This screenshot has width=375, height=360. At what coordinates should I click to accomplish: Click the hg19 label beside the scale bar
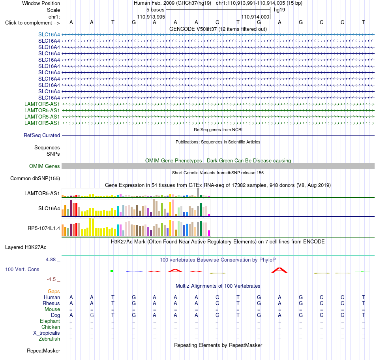(x=279, y=10)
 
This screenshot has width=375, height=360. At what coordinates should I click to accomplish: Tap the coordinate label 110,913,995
(x=151, y=17)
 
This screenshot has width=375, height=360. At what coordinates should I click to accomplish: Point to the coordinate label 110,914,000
(x=255, y=17)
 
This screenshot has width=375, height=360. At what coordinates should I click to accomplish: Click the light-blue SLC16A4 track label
(x=49, y=34)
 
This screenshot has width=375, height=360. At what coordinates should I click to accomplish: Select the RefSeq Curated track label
(x=42, y=135)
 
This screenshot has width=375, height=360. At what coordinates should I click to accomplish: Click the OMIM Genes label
(x=45, y=166)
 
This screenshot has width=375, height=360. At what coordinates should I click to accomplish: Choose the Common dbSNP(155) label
(x=35, y=178)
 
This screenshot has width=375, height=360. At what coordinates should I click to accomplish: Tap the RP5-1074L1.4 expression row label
(x=44, y=228)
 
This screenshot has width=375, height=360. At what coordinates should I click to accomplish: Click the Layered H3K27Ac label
(x=26, y=247)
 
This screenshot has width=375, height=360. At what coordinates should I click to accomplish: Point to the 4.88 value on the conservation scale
(x=51, y=260)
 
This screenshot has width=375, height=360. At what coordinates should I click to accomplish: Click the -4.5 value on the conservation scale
(x=51, y=279)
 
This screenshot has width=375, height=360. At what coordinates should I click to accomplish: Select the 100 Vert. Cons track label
(x=22, y=269)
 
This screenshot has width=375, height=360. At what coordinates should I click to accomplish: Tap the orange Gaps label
(x=54, y=291)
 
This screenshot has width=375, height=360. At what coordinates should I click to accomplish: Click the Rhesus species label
(x=51, y=303)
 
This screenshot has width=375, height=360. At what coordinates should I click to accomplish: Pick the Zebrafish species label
(x=49, y=339)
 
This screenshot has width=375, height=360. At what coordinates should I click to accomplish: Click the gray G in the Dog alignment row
(x=92, y=315)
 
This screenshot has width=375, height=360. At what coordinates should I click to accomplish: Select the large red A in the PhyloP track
(x=279, y=270)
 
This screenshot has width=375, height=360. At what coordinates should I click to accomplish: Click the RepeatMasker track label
(x=43, y=351)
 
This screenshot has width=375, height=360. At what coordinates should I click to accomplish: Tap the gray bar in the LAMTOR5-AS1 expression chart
(x=198, y=192)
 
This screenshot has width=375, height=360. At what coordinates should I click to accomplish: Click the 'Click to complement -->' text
(x=32, y=23)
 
